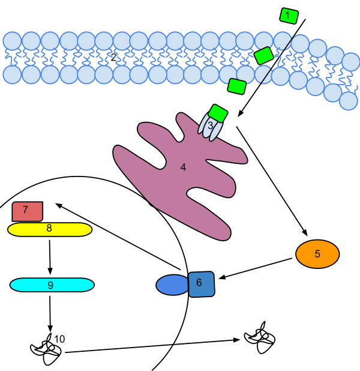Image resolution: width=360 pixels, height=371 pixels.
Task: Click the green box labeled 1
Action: pyautogui.click(x=289, y=16)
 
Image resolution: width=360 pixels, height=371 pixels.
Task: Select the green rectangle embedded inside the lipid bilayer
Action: pyautogui.click(x=264, y=56)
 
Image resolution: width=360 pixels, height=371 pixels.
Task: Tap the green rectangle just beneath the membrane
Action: pyautogui.click(x=237, y=86)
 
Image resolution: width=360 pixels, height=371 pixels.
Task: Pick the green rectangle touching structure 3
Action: pyautogui.click(x=218, y=113)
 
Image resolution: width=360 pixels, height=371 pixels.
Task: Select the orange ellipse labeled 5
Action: pyautogui.click(x=317, y=254)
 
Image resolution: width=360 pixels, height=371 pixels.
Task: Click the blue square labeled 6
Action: pyautogui.click(x=202, y=284)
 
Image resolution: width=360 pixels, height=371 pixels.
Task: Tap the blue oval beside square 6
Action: pyautogui.click(x=173, y=285)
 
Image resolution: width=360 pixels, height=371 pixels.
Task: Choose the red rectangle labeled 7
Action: pyautogui.click(x=28, y=211)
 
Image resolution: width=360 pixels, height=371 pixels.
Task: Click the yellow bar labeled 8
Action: pyautogui.click(x=50, y=229)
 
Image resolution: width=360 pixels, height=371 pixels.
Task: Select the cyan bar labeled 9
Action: pyautogui.click(x=52, y=285)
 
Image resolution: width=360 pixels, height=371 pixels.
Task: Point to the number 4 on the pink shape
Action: pyautogui.click(x=183, y=167)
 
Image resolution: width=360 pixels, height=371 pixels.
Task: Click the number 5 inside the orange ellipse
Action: pyautogui.click(x=317, y=254)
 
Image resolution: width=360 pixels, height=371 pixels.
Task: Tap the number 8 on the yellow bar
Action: pyautogui.click(x=49, y=228)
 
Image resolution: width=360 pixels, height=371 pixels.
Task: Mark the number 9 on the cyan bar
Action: pyautogui.click(x=50, y=285)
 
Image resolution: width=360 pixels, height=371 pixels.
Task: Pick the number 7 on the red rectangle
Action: pyautogui.click(x=25, y=210)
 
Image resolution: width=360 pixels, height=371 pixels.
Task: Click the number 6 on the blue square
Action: pyautogui.click(x=199, y=282)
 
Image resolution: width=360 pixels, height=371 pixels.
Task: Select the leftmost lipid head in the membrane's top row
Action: pyautogui.click(x=12, y=41)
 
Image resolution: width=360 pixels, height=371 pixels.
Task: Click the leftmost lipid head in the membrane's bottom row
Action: pyautogui.click(x=12, y=74)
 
